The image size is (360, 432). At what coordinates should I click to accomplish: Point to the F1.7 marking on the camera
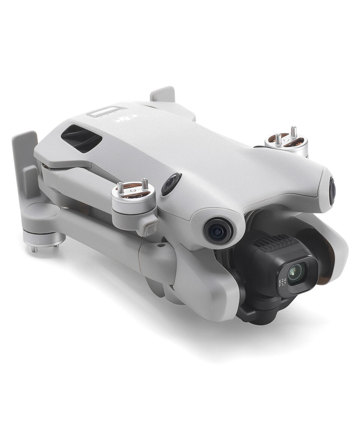(282, 286)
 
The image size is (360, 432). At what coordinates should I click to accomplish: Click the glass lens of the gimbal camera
(297, 272)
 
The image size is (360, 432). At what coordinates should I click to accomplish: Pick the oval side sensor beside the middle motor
(171, 184)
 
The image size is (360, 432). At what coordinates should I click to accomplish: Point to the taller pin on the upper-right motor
(293, 132)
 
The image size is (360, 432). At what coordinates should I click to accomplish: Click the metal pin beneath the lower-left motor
(34, 249)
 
